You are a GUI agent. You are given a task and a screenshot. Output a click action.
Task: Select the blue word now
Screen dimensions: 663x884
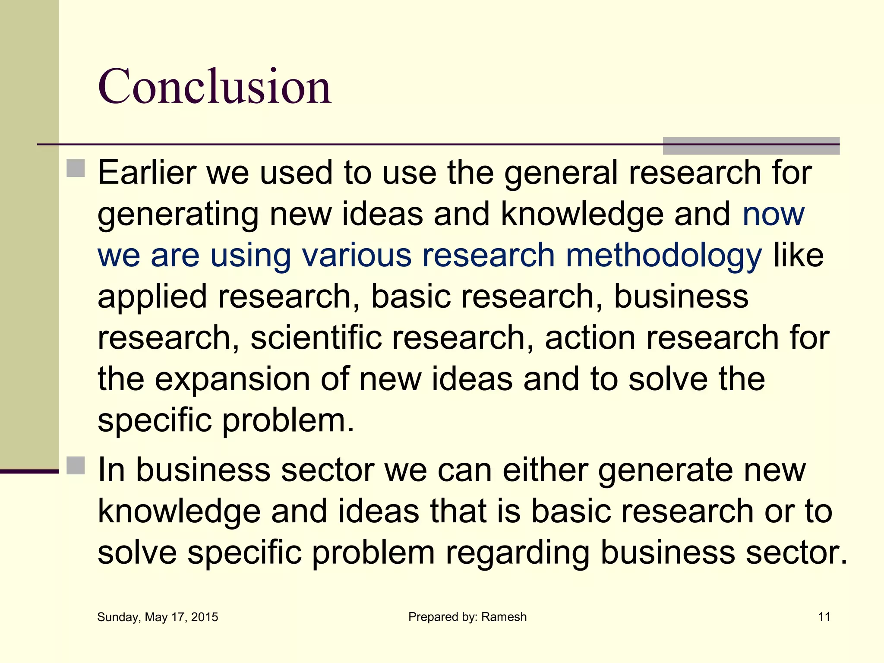tap(773, 214)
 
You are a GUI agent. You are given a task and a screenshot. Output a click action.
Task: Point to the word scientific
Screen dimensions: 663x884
tap(316, 338)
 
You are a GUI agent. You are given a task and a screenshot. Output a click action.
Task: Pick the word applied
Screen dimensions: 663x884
tap(152, 297)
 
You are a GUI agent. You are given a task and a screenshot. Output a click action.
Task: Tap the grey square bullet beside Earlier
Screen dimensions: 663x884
tap(76, 168)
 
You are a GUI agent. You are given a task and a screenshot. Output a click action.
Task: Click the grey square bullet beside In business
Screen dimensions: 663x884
tap(76, 465)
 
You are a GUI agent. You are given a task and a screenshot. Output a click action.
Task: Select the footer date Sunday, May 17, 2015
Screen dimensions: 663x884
tap(158, 617)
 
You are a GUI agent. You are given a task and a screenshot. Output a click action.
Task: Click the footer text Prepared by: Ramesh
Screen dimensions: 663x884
tap(467, 617)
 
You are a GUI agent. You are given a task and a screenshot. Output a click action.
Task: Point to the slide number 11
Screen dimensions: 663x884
tap(824, 617)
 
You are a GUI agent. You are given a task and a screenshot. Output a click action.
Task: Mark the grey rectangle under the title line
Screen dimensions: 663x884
tap(751, 146)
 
